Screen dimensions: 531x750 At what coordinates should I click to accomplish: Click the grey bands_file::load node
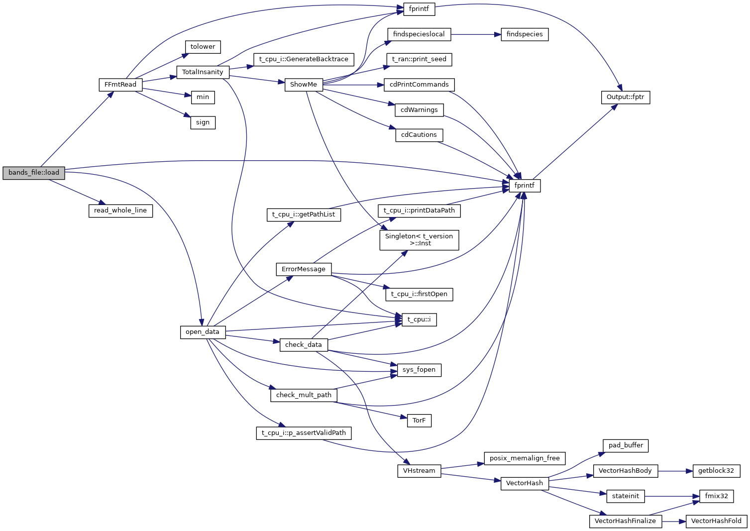34,173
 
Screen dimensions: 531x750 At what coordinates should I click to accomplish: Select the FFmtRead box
120,85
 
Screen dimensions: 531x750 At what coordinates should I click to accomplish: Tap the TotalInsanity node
203,72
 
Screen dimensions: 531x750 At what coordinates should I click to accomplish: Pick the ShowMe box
303,85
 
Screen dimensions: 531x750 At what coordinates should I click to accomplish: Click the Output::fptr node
625,97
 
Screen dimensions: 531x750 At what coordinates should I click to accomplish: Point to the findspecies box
525,34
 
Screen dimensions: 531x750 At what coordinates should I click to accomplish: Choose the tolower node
203,47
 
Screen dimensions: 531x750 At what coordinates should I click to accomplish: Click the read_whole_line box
120,211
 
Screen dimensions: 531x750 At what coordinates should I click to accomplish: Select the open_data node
203,332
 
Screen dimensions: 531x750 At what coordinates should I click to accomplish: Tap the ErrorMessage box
304,269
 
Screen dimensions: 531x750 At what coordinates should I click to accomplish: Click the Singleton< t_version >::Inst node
419,240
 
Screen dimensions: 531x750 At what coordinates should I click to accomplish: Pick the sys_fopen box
419,370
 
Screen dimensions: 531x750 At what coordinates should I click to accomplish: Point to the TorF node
419,421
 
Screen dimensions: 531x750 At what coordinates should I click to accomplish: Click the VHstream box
419,471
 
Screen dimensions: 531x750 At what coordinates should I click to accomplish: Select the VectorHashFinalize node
625,521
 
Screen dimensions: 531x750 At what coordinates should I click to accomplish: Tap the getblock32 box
716,471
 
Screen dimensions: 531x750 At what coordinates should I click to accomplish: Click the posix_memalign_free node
525,458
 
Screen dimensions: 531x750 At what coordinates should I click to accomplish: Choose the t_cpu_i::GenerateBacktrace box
304,59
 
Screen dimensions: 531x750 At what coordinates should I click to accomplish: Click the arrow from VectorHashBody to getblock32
675,471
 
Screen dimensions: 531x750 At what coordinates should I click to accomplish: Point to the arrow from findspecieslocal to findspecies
476,34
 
